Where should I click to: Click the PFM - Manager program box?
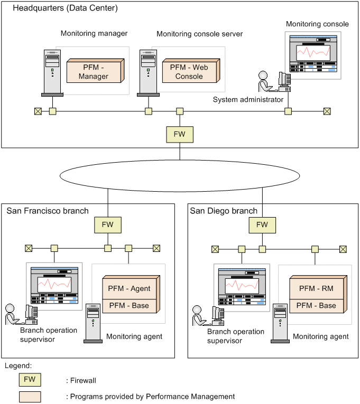[94, 72]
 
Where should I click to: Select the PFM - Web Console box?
[189, 72]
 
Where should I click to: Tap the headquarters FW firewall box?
[180, 134]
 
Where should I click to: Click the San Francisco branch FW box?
[108, 225]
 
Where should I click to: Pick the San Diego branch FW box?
[262, 225]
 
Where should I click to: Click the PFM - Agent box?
[130, 288]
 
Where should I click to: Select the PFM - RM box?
[317, 288]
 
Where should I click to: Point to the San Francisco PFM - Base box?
[130, 305]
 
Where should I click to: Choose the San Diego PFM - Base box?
[317, 305]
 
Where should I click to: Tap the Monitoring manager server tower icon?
[52, 72]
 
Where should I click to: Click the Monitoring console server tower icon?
[147, 72]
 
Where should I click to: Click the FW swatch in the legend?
[30, 380]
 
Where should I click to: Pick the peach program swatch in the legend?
[30, 396]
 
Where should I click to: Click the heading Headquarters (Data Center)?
[65, 8]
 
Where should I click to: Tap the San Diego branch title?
[224, 211]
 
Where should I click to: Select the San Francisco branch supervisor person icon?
[12, 314]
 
